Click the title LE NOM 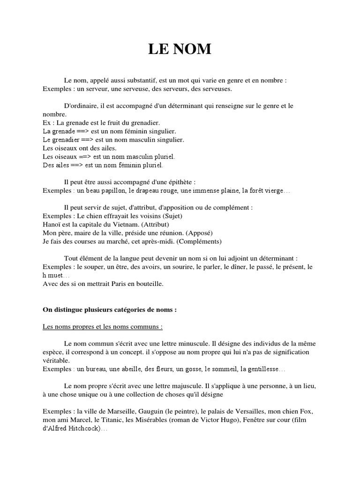tap(180, 49)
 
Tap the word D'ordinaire tap(81, 106)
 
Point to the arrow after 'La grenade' tap(75, 131)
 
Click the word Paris tap(114, 283)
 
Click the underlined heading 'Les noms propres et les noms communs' tap(103, 326)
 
